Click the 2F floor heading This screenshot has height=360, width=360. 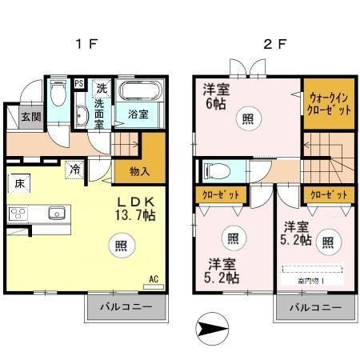pos(274,44)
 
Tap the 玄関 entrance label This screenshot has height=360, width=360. pos(31,116)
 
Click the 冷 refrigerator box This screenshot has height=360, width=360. pos(74,170)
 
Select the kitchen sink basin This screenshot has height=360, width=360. pos(55,213)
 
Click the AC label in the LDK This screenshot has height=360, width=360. pos(154,279)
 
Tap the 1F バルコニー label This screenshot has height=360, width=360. pos(127,307)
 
